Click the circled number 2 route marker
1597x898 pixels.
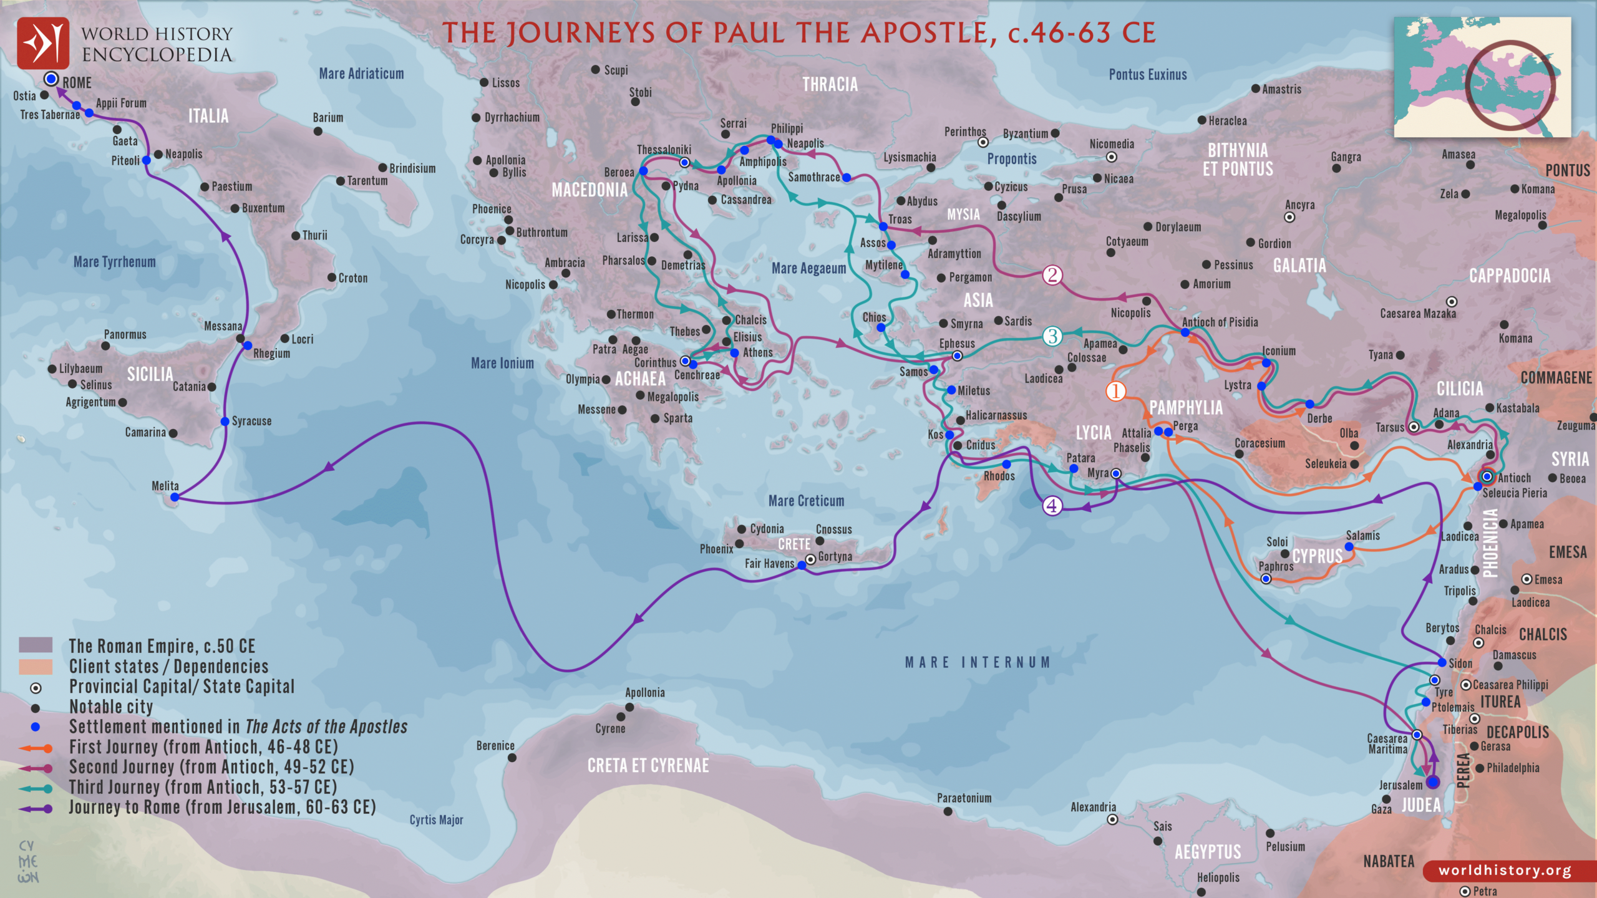(x=1052, y=275)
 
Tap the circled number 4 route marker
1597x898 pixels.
(x=1052, y=505)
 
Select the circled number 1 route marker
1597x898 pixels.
(x=1115, y=392)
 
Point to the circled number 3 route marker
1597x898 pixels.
(x=1052, y=337)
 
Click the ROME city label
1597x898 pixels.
(x=77, y=83)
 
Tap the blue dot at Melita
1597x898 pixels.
(x=175, y=497)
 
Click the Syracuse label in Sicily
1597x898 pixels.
(x=251, y=421)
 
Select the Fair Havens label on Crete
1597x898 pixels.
(x=769, y=563)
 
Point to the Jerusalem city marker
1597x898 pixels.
(x=1433, y=782)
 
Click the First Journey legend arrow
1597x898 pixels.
(x=36, y=748)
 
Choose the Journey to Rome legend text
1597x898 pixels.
(x=222, y=807)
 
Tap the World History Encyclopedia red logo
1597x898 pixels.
(x=42, y=43)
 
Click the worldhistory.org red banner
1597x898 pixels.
(x=1505, y=870)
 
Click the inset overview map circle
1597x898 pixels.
(x=1509, y=84)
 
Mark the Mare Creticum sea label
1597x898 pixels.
(x=806, y=501)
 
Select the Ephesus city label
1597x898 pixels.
(x=956, y=344)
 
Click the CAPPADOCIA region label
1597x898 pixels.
(x=1509, y=276)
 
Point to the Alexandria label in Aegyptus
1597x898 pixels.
(x=1093, y=807)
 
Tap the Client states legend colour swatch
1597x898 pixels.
(x=36, y=667)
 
